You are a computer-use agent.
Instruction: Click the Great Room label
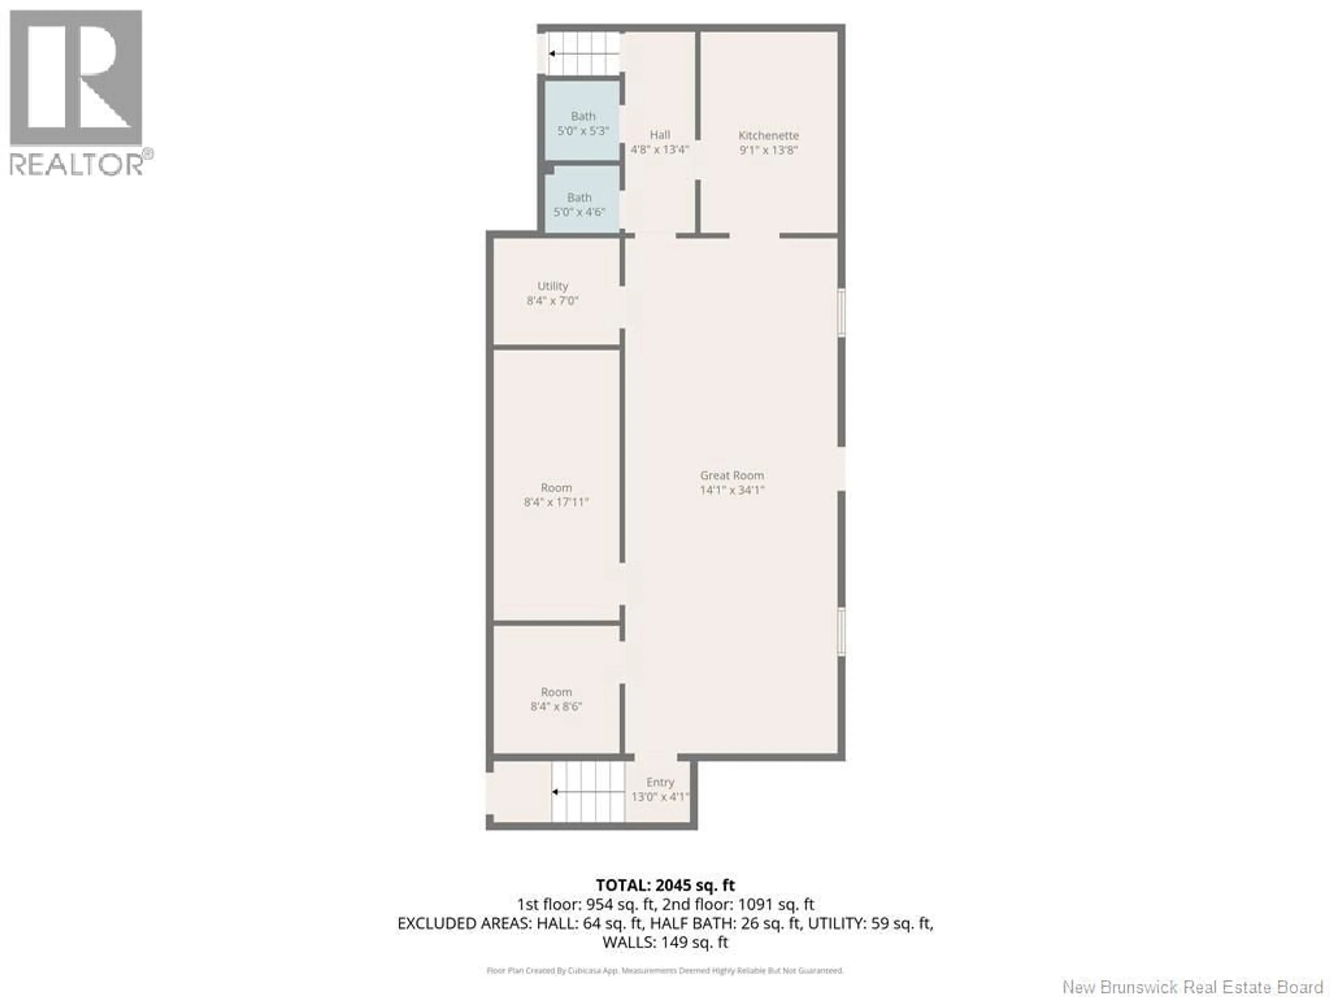pyautogui.click(x=732, y=475)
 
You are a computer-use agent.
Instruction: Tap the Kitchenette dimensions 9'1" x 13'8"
pyautogui.click(x=769, y=150)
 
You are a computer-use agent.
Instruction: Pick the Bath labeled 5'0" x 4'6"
pyautogui.click(x=579, y=204)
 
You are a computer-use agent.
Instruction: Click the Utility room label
pyautogui.click(x=552, y=286)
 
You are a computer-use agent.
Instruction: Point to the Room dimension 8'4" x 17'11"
pyautogui.click(x=556, y=502)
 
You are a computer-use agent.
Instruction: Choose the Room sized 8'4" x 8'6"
pyautogui.click(x=556, y=699)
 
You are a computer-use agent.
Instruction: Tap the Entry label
pyautogui.click(x=660, y=782)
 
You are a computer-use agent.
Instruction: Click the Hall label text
pyautogui.click(x=659, y=135)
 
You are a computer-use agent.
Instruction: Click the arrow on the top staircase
pyautogui.click(x=552, y=54)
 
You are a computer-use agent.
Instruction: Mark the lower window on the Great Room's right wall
pyautogui.click(x=842, y=632)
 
